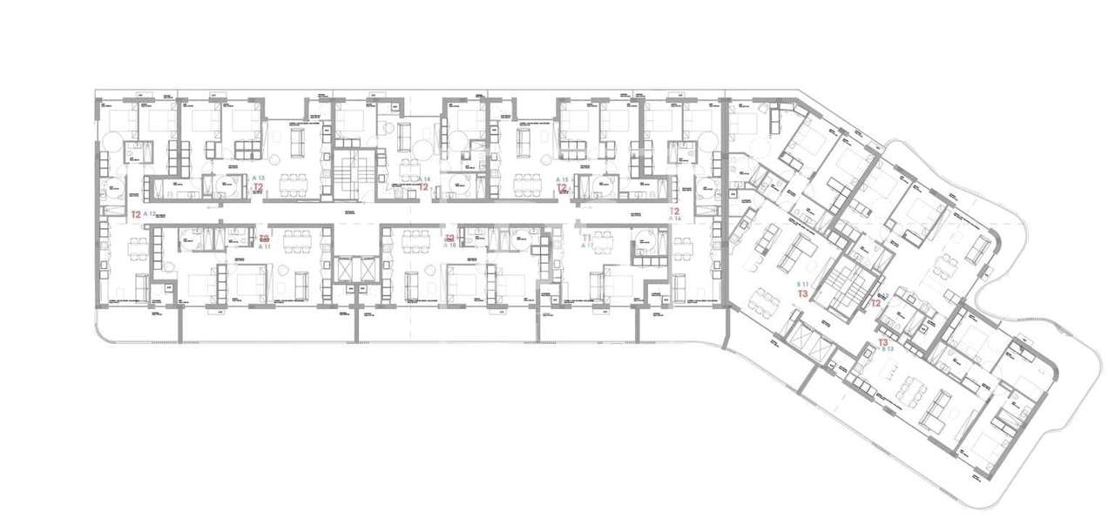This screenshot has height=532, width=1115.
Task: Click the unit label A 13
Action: pos(258,177)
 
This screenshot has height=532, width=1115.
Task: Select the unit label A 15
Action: pos(563,178)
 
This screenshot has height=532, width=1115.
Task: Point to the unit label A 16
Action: pos(674,219)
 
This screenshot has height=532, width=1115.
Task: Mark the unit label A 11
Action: pos(265,246)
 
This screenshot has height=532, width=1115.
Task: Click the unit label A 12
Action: pos(148,213)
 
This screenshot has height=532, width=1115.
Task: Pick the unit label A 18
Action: pos(450,246)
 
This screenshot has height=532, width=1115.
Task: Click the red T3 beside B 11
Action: pos(802,295)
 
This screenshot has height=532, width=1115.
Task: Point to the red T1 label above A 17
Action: pos(587,237)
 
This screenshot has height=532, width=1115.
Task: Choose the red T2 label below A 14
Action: pos(423,186)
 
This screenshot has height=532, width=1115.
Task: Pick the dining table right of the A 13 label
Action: pos(294,180)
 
